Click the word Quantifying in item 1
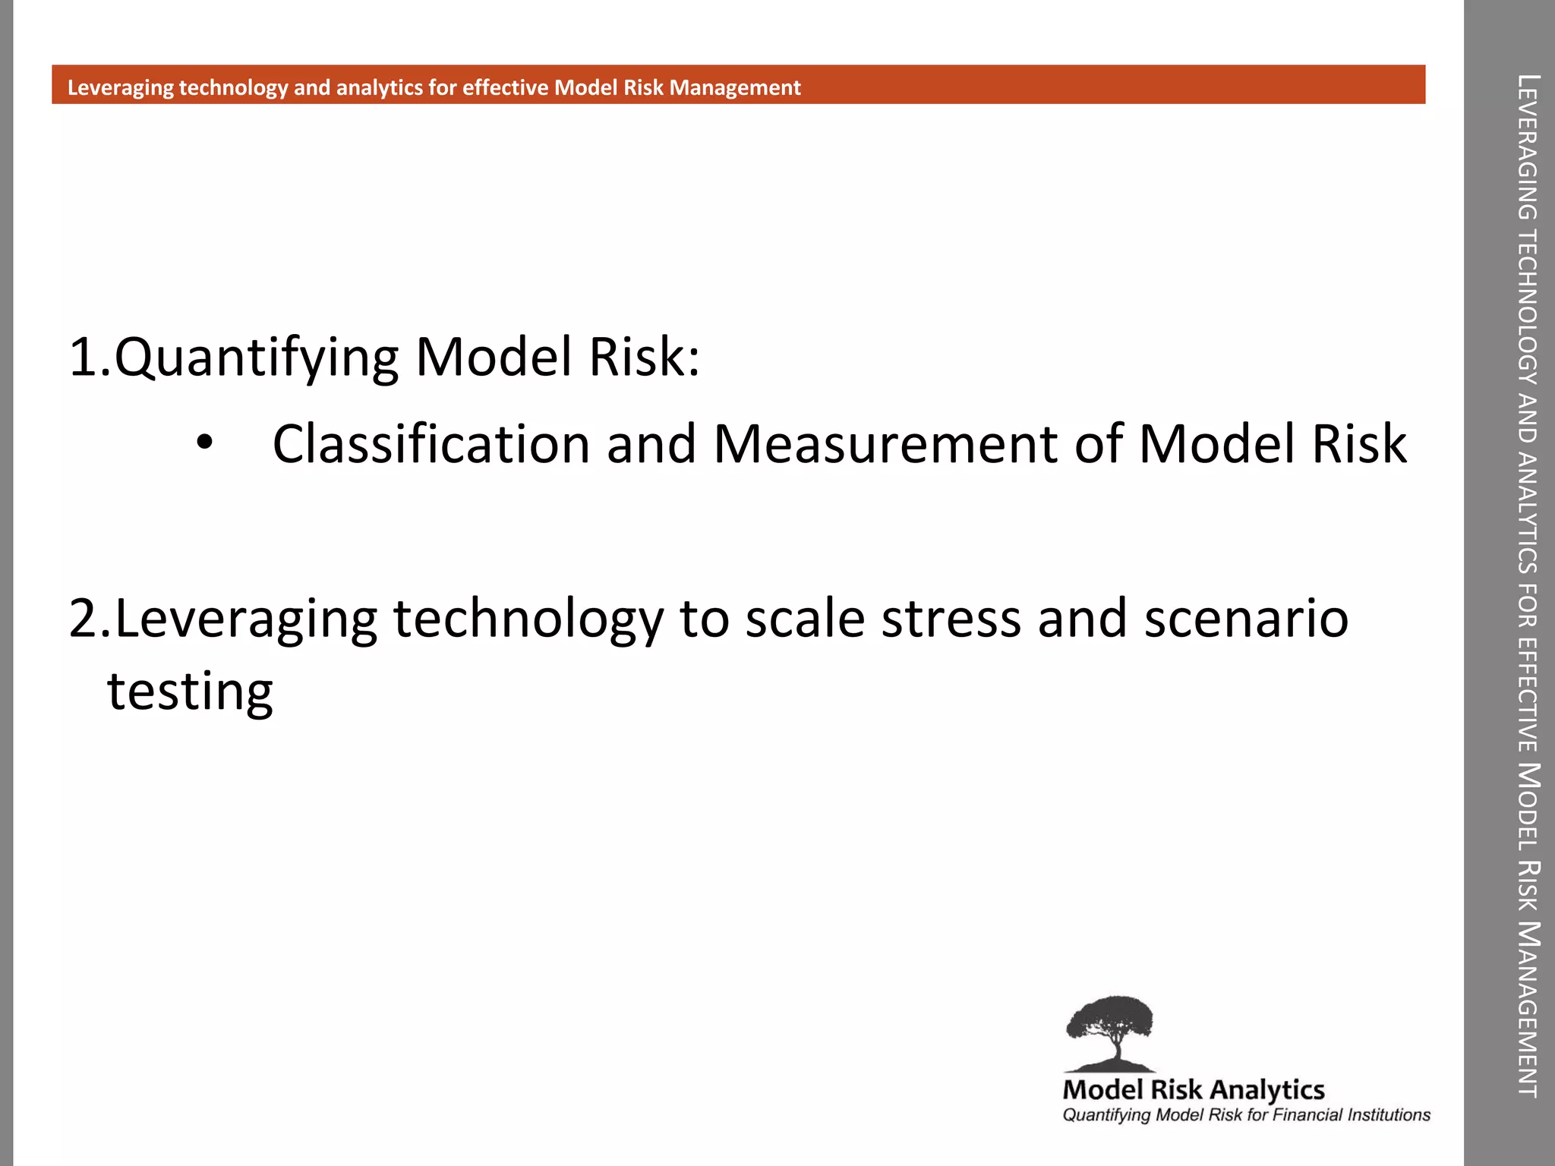coord(257,358)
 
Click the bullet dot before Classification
coord(204,443)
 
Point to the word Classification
coord(431,444)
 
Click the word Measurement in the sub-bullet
coord(885,444)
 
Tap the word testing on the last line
coord(190,692)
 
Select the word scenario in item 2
coord(1246,619)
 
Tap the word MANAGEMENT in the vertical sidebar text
coord(1528,1010)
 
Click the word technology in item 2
coord(528,619)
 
